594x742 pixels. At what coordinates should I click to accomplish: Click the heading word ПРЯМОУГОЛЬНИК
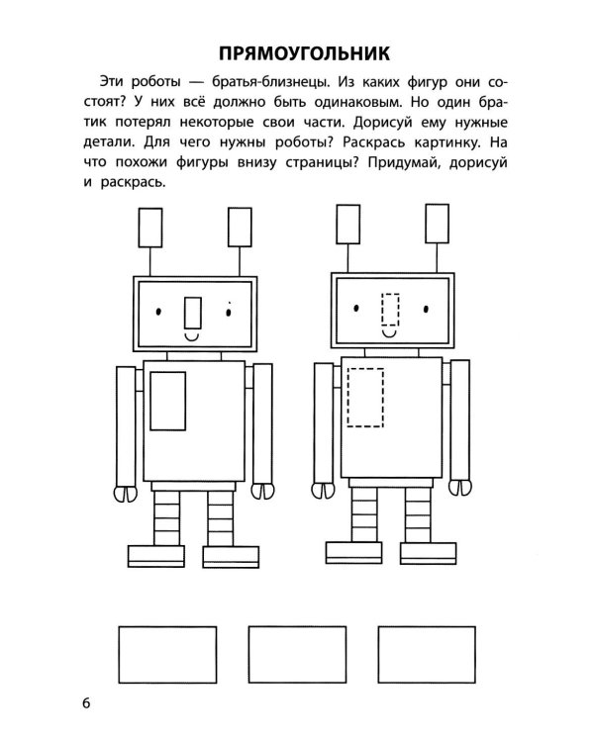click(x=297, y=51)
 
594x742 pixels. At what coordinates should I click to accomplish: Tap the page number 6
click(x=86, y=703)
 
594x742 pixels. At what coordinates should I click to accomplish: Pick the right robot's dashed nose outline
click(x=391, y=310)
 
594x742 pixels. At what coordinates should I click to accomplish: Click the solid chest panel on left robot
click(x=167, y=400)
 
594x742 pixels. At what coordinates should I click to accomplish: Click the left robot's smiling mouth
click(x=195, y=337)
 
